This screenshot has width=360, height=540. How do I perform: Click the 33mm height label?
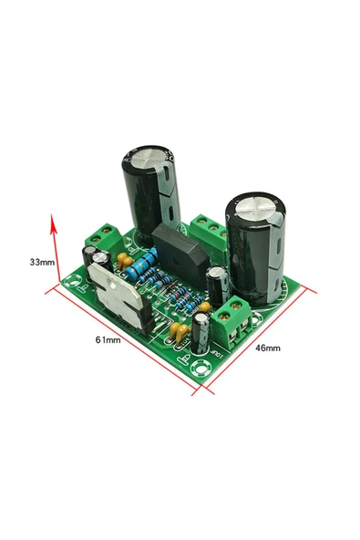coord(42,261)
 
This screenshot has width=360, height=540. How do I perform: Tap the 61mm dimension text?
coord(108,340)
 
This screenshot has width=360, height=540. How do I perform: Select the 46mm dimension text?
coord(266,348)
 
